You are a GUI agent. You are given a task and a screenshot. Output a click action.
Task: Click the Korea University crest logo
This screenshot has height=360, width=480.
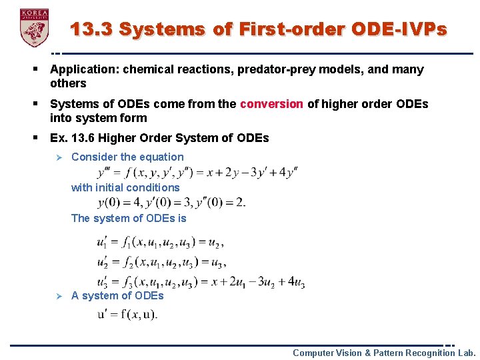(x=35, y=27)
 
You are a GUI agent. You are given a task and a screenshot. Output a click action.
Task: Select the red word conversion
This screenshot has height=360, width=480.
(x=271, y=104)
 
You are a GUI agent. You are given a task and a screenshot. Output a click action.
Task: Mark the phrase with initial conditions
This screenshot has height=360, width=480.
(x=125, y=187)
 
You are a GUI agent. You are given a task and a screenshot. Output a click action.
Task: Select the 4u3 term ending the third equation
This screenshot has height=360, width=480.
(x=294, y=283)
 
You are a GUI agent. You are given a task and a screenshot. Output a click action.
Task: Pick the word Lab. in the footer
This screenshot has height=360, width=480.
(x=466, y=353)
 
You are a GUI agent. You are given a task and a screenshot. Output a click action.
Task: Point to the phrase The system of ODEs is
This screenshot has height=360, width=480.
(x=129, y=218)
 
